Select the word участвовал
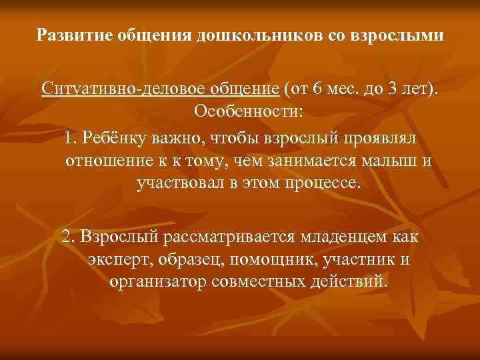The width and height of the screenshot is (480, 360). pos(175,182)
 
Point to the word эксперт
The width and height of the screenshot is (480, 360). pos(113,258)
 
